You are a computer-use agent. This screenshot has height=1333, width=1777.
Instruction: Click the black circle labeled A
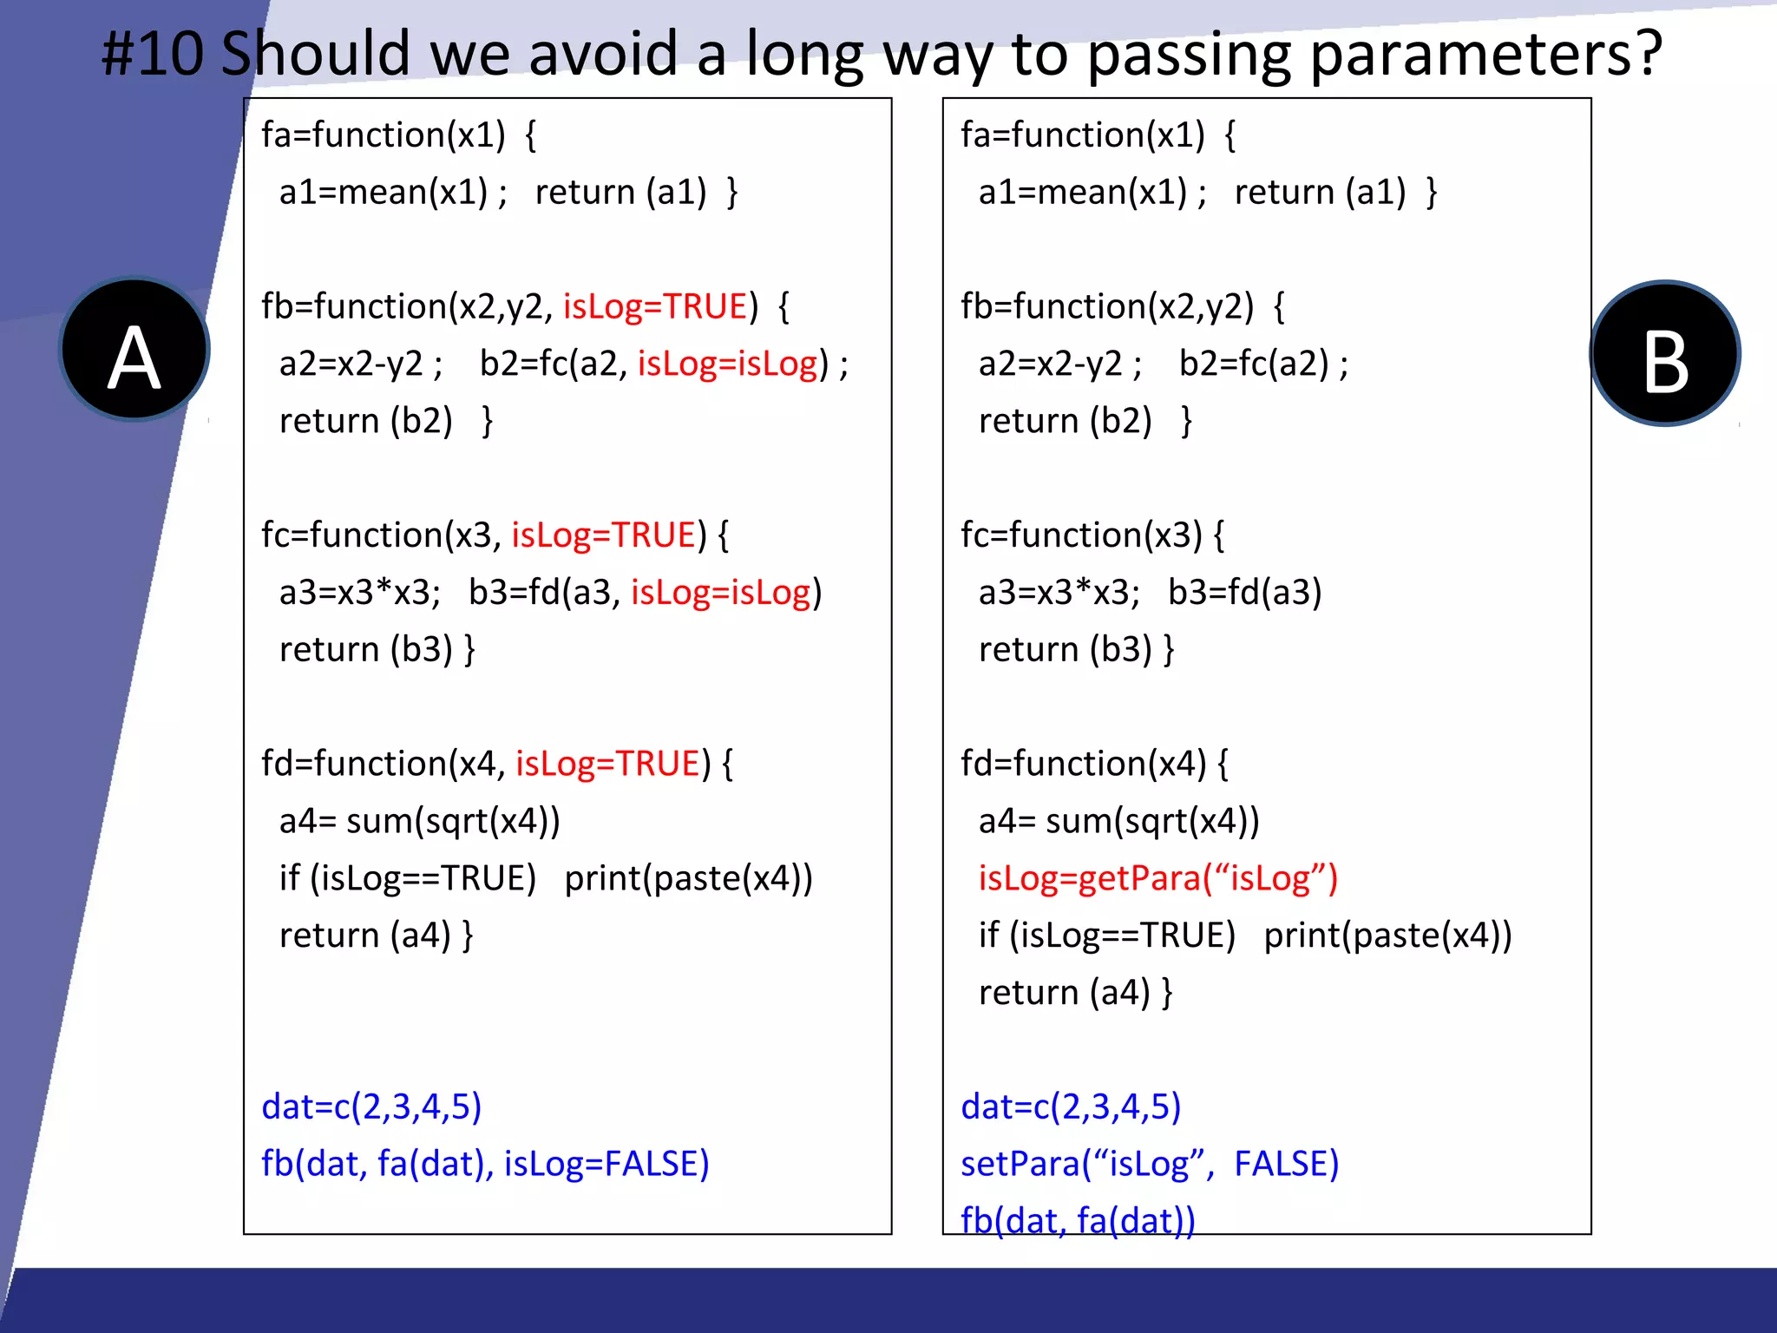(134, 350)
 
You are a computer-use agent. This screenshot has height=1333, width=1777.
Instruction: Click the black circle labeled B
(1664, 353)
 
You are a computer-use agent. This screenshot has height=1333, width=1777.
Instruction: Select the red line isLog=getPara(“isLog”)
(1157, 878)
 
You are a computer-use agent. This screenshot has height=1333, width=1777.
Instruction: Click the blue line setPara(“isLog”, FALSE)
(1149, 1164)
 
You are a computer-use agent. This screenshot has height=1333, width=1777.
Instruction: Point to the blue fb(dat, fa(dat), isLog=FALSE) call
(485, 1164)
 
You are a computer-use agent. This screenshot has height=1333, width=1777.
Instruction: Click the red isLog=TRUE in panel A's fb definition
(655, 306)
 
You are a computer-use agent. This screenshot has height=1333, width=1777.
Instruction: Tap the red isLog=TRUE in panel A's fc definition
(603, 535)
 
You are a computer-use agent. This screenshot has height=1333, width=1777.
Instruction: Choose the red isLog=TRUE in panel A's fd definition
(607, 764)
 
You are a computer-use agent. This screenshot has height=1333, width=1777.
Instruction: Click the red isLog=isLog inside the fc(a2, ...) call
(728, 364)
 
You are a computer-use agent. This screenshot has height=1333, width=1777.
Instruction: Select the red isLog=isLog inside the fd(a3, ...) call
(721, 593)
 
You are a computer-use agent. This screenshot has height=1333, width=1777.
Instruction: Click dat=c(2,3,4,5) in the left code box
(371, 1106)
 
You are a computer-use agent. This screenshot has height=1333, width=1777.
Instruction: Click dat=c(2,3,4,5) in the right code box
(1071, 1106)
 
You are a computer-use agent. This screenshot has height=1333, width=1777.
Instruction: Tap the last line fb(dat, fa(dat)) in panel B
(1078, 1219)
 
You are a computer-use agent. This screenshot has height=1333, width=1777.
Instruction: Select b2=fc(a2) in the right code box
(1253, 364)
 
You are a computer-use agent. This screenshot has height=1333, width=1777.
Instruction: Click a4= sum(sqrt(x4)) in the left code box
(419, 821)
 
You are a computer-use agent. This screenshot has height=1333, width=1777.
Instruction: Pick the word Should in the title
(315, 54)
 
